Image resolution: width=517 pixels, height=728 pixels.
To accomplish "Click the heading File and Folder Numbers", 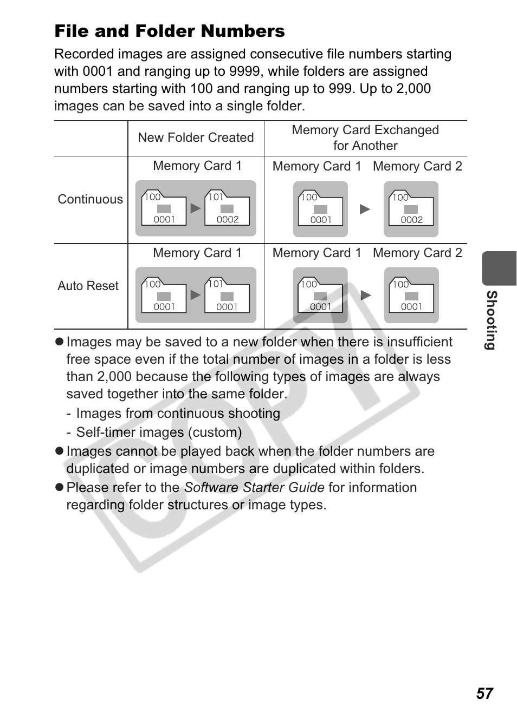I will click(169, 31).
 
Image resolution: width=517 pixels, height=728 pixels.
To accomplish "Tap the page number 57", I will click(484, 693).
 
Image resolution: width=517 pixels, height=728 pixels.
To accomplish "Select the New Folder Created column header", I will click(196, 137).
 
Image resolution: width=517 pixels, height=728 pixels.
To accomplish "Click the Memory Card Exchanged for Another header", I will click(365, 137).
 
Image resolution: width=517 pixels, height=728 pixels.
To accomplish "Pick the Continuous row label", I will click(90, 199).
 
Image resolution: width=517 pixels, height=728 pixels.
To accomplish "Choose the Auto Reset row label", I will click(88, 286).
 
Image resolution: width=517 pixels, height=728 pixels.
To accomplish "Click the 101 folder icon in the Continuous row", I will click(227, 208).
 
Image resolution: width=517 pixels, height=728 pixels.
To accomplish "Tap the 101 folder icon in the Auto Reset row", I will click(227, 296).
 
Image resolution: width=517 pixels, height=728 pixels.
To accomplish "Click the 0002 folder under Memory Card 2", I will click(411, 209).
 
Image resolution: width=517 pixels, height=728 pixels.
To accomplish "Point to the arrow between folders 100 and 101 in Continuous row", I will click(196, 208).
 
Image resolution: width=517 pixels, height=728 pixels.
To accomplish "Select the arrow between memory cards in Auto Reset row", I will click(366, 296).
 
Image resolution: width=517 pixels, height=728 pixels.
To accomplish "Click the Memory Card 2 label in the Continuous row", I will click(417, 166).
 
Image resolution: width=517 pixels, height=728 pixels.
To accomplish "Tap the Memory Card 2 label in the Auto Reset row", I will click(417, 253).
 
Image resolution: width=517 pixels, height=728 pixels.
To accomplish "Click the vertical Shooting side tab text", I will click(491, 320).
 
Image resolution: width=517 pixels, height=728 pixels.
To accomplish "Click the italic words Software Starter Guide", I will click(254, 488).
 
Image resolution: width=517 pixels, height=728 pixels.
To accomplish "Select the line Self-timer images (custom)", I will click(159, 432).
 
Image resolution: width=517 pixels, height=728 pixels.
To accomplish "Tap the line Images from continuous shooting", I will click(178, 414).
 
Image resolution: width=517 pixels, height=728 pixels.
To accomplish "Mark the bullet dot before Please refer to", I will click(60, 488).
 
